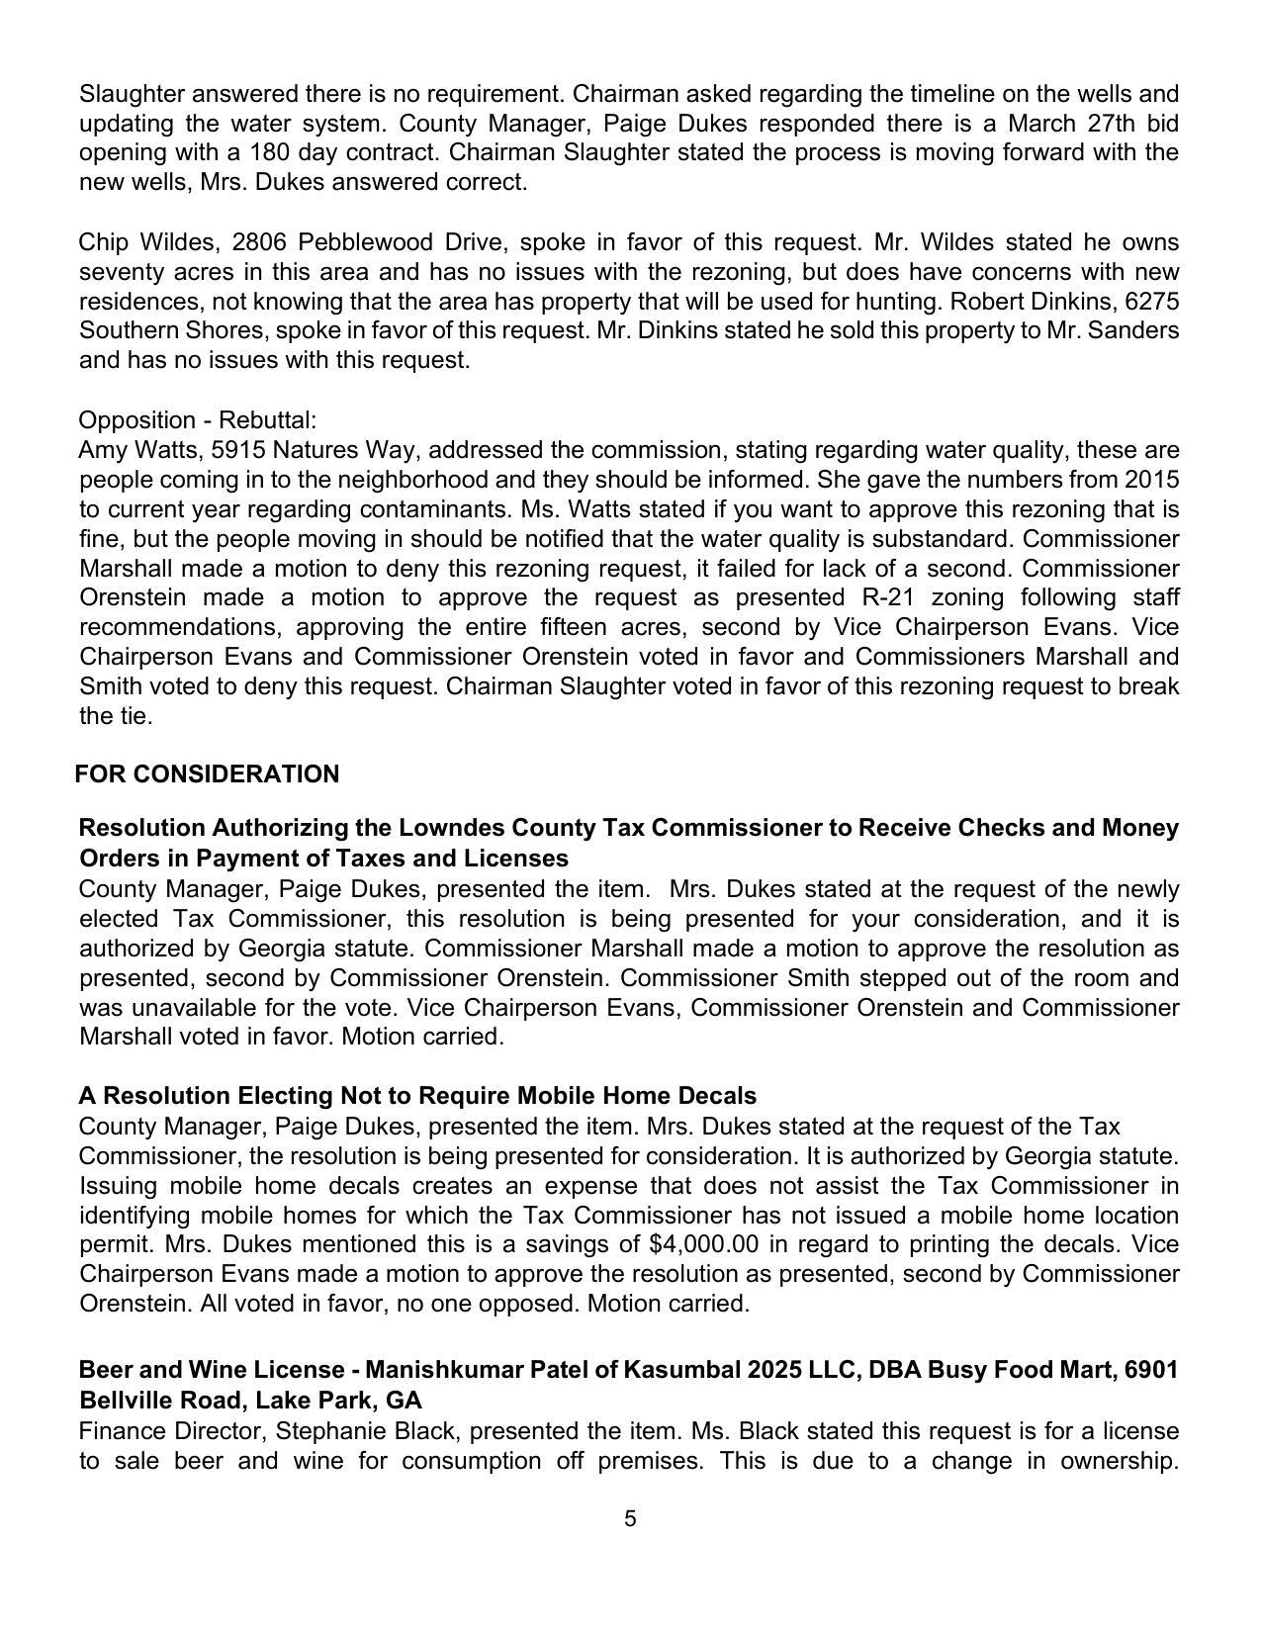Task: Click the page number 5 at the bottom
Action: coord(630,1518)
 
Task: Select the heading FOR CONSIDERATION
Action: coord(207,774)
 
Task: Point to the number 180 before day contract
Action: coord(271,153)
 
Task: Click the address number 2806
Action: coord(260,243)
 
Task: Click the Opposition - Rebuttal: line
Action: coord(197,420)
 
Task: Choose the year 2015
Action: coord(1152,481)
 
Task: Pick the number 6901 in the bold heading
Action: coord(1151,1371)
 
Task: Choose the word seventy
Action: coord(118,272)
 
